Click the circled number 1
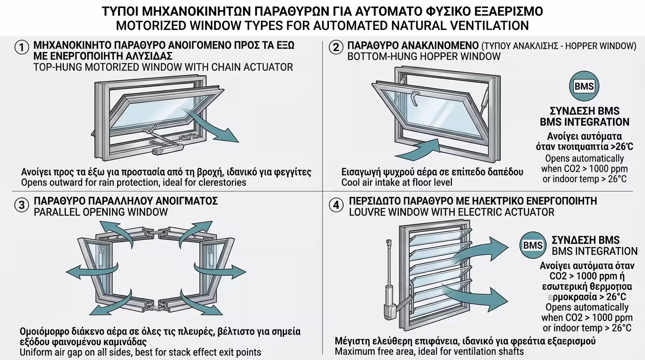point(22,47)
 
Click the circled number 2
point(336,47)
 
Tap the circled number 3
point(22,205)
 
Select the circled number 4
point(336,205)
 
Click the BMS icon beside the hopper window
point(584,86)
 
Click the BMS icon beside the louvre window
point(533,245)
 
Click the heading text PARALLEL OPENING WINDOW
point(100,212)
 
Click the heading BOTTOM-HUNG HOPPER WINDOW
point(424,57)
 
